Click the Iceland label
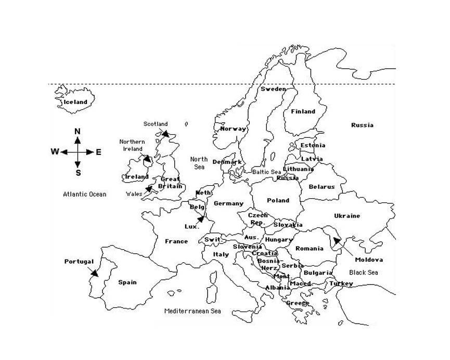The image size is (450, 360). pyautogui.click(x=75, y=102)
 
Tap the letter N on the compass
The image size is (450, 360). pyautogui.click(x=78, y=131)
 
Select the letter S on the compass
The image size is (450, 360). pyautogui.click(x=78, y=173)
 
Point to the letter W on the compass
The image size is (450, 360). pyautogui.click(x=54, y=152)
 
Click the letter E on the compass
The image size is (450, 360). pyautogui.click(x=99, y=152)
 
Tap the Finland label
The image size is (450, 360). pyautogui.click(x=303, y=111)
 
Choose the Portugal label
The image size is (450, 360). pyautogui.click(x=79, y=262)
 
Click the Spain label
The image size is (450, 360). pyautogui.click(x=127, y=282)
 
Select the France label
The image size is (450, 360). pyautogui.click(x=176, y=241)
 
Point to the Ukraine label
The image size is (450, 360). pyautogui.click(x=346, y=216)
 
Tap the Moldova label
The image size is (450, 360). pyautogui.click(x=369, y=260)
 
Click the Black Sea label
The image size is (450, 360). pyautogui.click(x=364, y=272)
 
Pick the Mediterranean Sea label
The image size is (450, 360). pyautogui.click(x=192, y=311)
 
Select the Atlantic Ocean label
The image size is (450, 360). pyautogui.click(x=85, y=195)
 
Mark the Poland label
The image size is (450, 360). pyautogui.click(x=278, y=200)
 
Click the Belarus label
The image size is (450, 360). pyautogui.click(x=322, y=187)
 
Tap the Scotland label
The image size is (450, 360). pyautogui.click(x=156, y=124)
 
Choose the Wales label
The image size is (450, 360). pyautogui.click(x=134, y=194)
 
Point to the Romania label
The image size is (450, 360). pyautogui.click(x=309, y=249)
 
